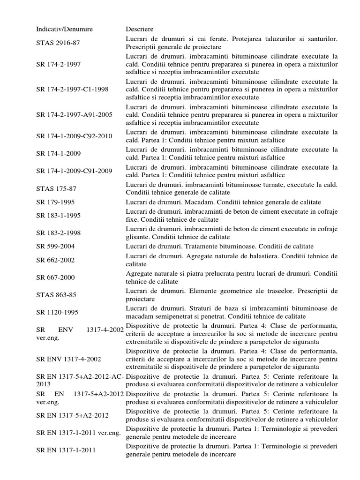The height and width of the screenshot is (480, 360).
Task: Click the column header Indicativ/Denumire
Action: [x=65, y=29]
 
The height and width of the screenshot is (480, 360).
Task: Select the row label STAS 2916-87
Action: [x=58, y=43]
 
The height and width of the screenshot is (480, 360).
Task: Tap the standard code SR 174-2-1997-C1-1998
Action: [x=72, y=90]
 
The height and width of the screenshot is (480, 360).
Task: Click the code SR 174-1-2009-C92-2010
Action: [x=74, y=136]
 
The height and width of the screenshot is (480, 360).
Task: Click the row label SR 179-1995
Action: [x=55, y=202]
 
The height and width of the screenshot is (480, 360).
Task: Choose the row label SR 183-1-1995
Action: [x=58, y=216]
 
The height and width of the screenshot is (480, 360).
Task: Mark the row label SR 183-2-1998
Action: [x=58, y=233]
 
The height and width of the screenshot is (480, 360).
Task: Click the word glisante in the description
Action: [x=138, y=237]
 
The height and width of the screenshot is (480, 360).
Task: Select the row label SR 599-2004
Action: [x=55, y=247]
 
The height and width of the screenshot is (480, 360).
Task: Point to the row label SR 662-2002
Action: [x=55, y=260]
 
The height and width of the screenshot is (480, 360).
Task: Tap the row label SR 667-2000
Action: [x=55, y=277]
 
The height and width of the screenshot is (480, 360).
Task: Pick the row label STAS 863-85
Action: [x=56, y=295]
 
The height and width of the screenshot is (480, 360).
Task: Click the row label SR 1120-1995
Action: [x=57, y=312]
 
